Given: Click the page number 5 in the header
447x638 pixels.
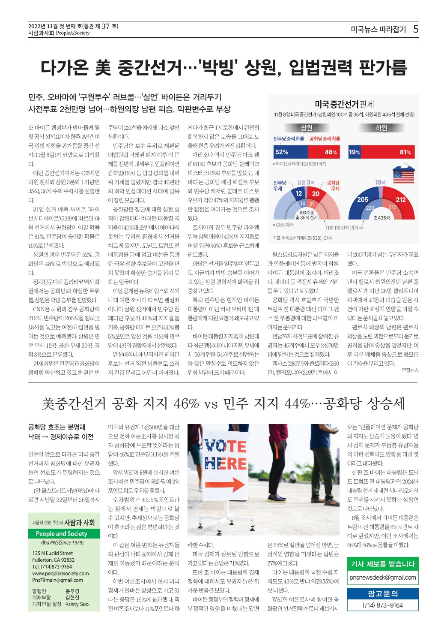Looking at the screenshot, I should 416,29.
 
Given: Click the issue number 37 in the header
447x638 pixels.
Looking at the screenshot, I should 106,26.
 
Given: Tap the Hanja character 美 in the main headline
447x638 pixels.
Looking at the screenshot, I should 103,68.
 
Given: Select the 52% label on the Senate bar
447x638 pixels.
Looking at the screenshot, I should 282,152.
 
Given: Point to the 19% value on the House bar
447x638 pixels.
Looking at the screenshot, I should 355,152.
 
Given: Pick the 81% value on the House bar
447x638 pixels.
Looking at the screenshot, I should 405,152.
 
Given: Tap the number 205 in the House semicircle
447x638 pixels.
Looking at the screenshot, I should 363,199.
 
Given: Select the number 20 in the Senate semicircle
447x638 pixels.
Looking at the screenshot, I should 316,194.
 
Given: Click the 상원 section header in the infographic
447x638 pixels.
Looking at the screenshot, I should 307,128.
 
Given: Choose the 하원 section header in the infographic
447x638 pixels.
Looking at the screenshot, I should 381,128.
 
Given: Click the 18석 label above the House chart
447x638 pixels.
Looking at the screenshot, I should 380,182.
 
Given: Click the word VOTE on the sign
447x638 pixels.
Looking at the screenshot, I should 225,446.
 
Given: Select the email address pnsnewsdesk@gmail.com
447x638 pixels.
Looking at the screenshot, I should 382,577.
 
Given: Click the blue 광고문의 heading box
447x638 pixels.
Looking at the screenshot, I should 382,593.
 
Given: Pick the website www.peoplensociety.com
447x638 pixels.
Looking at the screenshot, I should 60,573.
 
